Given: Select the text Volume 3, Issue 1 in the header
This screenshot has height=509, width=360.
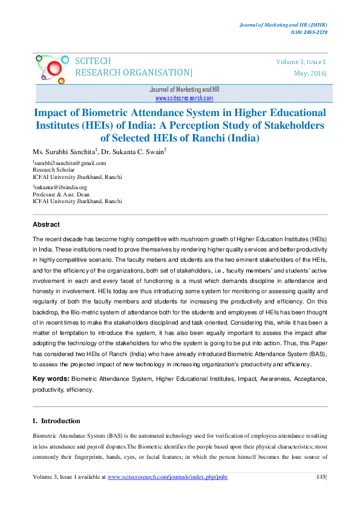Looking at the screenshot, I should [x=301, y=62].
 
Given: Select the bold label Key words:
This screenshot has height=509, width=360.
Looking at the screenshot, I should [x=51, y=378].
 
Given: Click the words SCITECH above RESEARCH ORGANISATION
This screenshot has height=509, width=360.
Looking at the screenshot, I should [x=93, y=61].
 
